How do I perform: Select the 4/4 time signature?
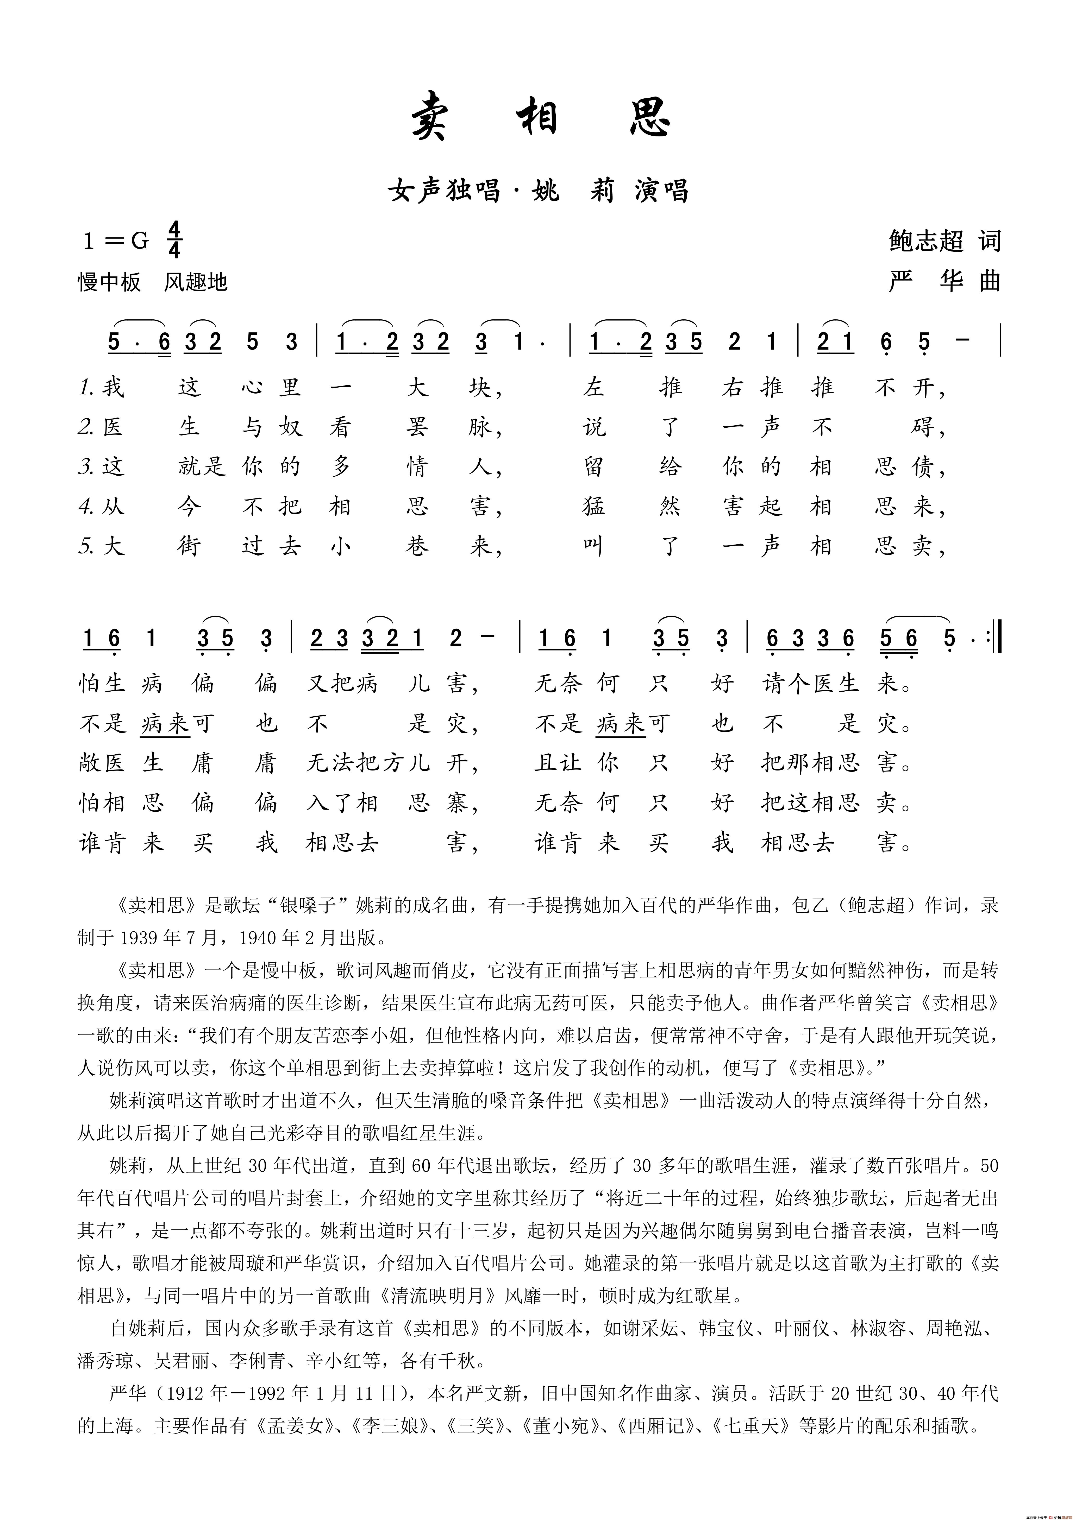174,240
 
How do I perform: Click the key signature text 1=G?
116,241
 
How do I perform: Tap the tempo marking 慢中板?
109,282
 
